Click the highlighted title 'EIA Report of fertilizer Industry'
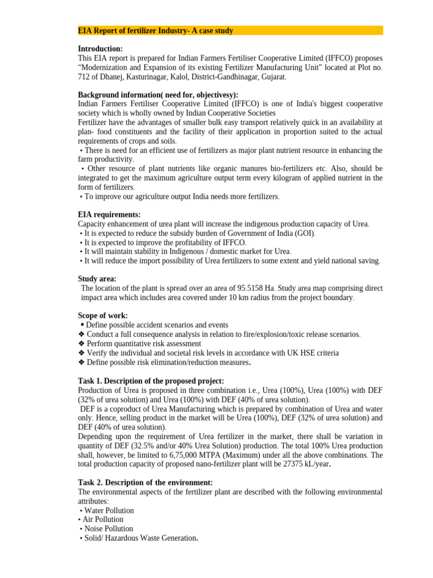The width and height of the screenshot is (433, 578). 155,30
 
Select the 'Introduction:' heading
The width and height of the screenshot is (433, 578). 100,49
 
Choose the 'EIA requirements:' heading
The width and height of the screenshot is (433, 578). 109,214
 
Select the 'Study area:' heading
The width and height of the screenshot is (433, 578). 97,279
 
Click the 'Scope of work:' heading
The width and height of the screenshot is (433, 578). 103,316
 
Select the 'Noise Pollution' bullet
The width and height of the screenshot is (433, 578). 108,528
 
